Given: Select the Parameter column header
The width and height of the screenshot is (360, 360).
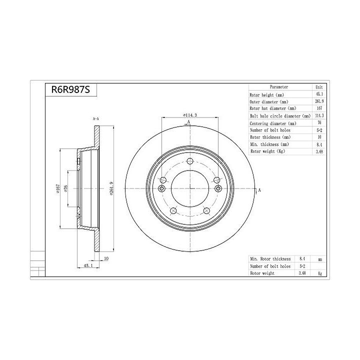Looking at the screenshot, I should point(278,87).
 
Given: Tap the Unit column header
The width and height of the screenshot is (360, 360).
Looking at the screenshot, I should point(319,87).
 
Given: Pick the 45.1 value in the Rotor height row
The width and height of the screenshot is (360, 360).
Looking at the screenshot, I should point(319,94).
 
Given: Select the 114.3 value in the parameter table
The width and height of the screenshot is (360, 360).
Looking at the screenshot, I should point(319,115).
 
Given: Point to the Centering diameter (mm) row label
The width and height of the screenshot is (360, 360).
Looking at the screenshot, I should point(272,123).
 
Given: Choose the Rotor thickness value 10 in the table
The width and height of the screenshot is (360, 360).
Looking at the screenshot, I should point(319,136).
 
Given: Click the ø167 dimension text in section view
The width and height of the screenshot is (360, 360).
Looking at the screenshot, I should point(58,188).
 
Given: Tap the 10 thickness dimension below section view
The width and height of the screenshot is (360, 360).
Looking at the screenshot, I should point(106,259).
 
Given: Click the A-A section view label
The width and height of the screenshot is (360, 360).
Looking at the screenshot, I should point(95,118).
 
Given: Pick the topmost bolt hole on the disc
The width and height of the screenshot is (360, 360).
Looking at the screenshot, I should point(190,161).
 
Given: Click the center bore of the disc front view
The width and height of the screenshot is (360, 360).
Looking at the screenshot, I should point(190,188).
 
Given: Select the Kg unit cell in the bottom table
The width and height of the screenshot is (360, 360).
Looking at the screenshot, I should point(319,273).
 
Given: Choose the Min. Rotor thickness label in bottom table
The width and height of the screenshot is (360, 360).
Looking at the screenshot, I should point(270,259).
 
